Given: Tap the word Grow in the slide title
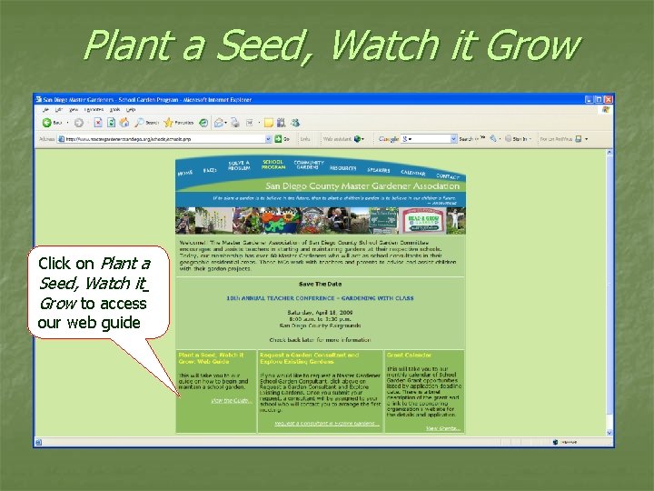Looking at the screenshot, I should click(x=531, y=44).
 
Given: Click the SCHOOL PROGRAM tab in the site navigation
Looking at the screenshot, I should click(x=273, y=164).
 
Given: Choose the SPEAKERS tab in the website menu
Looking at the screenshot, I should click(x=379, y=170).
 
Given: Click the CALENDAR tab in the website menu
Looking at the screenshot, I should click(x=412, y=173).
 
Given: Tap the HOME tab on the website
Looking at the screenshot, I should click(x=185, y=172).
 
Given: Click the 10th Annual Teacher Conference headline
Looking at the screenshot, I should click(x=320, y=296).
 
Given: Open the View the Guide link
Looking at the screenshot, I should click(x=230, y=400).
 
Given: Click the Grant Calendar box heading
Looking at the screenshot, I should click(x=409, y=356).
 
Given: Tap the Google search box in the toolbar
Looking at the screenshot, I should click(x=427, y=139).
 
